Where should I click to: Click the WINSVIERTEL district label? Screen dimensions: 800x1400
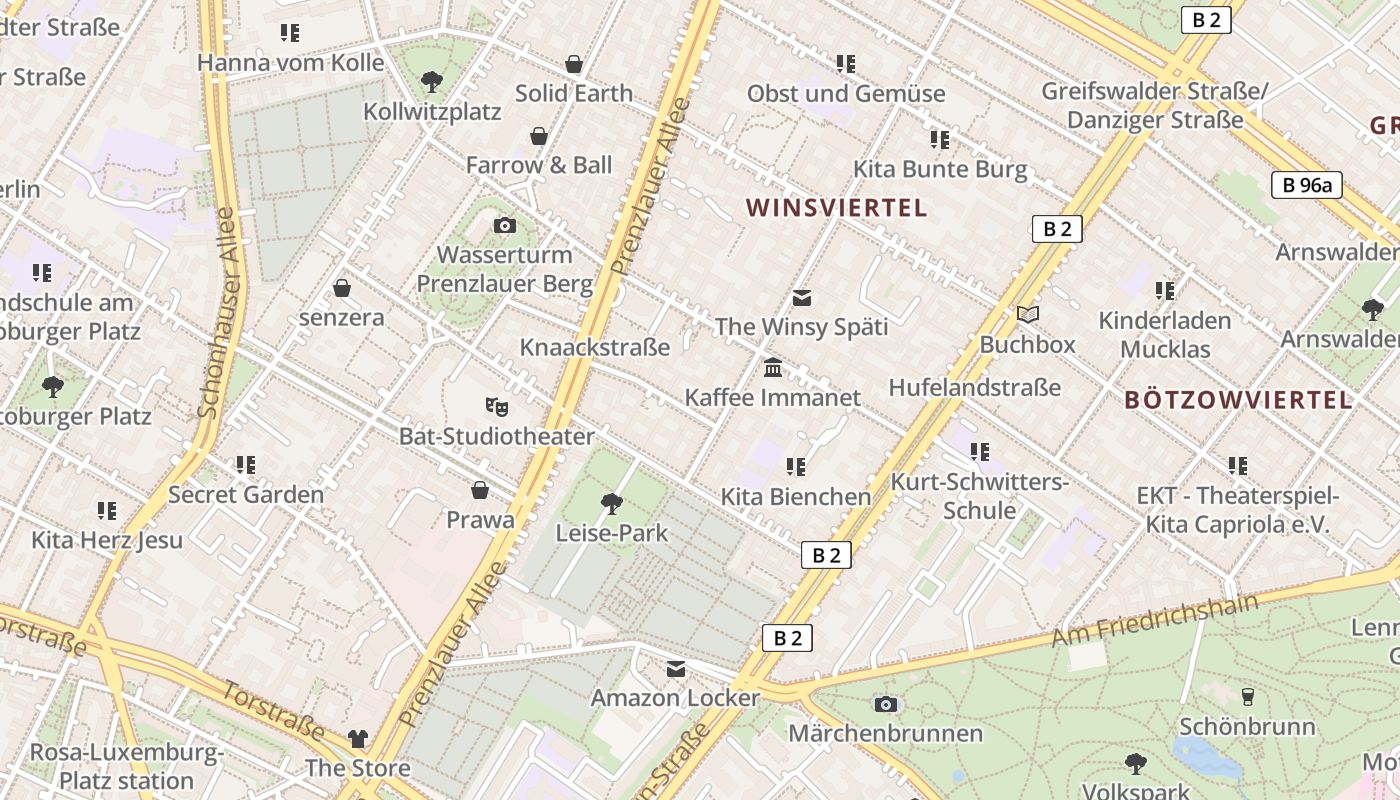click(837, 208)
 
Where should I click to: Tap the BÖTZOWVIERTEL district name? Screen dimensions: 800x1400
click(1238, 400)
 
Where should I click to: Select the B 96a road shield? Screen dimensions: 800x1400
click(1307, 185)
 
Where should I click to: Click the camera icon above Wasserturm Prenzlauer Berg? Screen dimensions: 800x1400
click(505, 225)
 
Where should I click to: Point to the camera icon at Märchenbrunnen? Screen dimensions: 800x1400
click(885, 704)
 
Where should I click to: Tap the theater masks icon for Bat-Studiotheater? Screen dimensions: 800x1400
click(497, 406)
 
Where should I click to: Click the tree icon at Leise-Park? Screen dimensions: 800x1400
click(612, 503)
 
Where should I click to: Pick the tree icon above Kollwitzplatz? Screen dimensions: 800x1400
click(432, 81)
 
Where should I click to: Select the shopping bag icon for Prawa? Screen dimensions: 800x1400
click(480, 490)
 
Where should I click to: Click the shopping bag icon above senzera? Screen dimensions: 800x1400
click(342, 288)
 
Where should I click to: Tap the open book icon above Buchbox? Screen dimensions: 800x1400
click(1028, 314)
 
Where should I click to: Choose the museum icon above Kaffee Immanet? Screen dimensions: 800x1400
click(773, 368)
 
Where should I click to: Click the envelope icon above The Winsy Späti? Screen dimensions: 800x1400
click(802, 297)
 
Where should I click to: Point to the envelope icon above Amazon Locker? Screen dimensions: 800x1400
click(676, 668)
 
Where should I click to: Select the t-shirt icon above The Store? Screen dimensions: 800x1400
click(358, 739)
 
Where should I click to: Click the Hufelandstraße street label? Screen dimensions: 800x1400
click(974, 387)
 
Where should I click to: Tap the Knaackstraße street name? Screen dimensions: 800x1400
click(595, 347)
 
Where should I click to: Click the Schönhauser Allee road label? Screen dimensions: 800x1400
click(218, 312)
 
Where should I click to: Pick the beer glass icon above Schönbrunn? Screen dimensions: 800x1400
click(1247, 696)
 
